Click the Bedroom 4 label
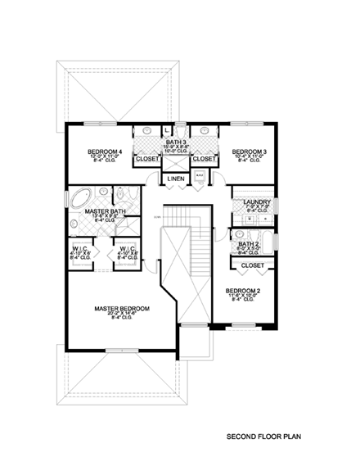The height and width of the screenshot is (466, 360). click(105, 152)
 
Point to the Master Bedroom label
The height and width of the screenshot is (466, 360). click(121, 309)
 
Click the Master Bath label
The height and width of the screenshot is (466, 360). click(104, 210)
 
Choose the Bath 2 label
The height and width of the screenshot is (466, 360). click(249, 244)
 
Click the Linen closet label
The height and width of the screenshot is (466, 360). click(175, 179)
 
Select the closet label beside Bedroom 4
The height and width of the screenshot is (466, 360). click(148, 159)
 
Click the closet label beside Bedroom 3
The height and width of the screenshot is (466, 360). click(204, 159)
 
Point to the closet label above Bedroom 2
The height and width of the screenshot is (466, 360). click(253, 265)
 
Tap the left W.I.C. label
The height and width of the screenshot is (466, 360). click(79, 249)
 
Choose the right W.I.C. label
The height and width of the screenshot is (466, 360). click(127, 249)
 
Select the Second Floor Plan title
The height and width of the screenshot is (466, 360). click(263, 438)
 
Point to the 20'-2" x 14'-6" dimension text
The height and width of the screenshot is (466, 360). click(121, 314)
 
